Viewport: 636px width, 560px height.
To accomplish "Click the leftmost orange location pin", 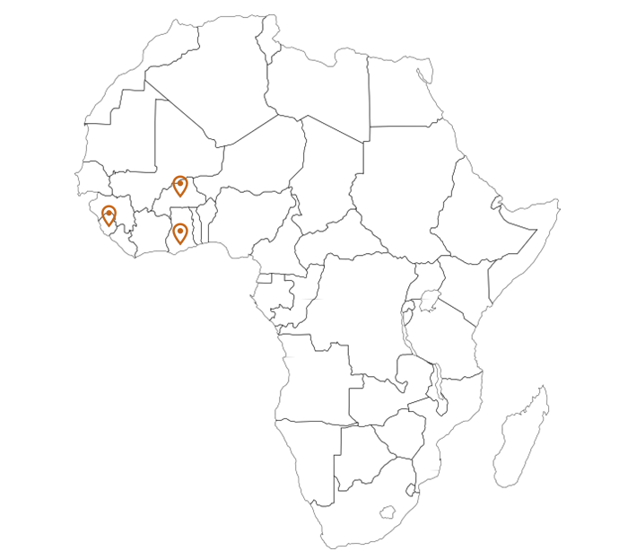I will point(109,215).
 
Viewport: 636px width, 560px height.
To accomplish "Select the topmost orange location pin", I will point(180,186).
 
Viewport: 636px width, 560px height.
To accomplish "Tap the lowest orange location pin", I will point(180,233).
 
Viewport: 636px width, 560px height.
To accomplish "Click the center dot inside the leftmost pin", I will point(109,213).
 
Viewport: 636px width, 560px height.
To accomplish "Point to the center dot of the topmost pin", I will point(180,183).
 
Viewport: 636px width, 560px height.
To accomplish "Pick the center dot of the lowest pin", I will point(180,231).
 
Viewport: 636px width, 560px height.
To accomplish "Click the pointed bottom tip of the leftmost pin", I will point(109,226).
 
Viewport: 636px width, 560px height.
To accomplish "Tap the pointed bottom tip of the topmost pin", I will point(180,197).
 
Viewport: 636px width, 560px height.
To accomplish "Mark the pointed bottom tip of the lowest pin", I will point(180,244).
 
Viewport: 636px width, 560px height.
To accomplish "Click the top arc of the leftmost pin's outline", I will point(109,206).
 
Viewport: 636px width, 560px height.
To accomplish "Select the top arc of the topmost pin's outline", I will point(180,176).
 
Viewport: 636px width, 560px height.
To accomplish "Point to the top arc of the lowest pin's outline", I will point(180,223).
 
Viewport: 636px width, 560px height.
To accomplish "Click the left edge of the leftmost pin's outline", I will point(101,214).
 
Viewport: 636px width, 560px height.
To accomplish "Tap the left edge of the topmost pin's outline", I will point(173,184).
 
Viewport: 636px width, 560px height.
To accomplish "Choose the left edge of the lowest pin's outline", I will point(173,232).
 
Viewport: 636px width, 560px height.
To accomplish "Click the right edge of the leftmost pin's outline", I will point(116,214).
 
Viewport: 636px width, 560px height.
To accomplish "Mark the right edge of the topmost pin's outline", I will point(187,184).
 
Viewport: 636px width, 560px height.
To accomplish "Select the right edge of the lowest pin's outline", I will point(187,232).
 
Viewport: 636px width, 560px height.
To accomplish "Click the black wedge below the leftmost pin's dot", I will point(109,220).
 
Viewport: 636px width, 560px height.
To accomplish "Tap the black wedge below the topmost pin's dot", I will point(180,190).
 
